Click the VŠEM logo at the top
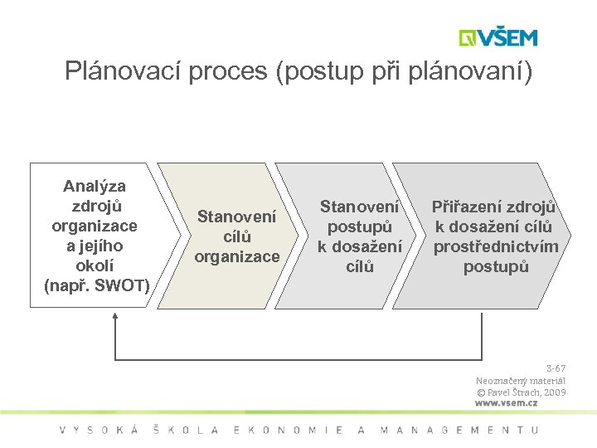498,37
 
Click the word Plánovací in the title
122,71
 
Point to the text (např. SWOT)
96,286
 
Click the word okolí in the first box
95,266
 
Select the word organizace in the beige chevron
237,256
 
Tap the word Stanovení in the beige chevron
236,217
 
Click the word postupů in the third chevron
360,226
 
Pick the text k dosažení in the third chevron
360,246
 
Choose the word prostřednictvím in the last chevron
496,246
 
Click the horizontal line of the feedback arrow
298,359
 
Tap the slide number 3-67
556,368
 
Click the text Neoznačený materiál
521,380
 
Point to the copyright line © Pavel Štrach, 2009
521,392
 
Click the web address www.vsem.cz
506,403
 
